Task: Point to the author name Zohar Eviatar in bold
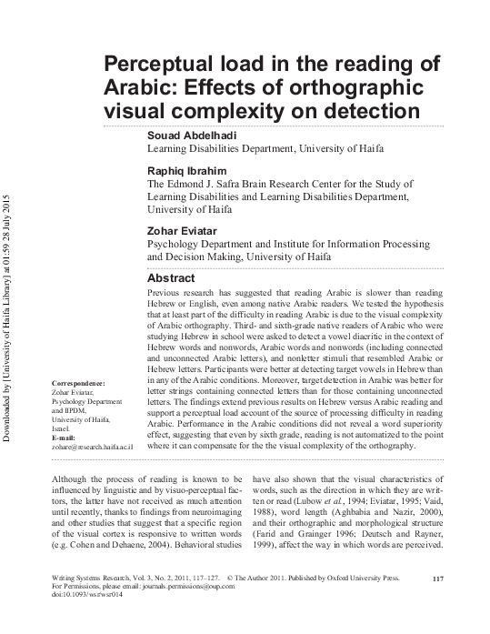pos(181,230)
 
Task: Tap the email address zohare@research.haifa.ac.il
pos(94,448)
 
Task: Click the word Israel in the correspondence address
pos(62,428)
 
